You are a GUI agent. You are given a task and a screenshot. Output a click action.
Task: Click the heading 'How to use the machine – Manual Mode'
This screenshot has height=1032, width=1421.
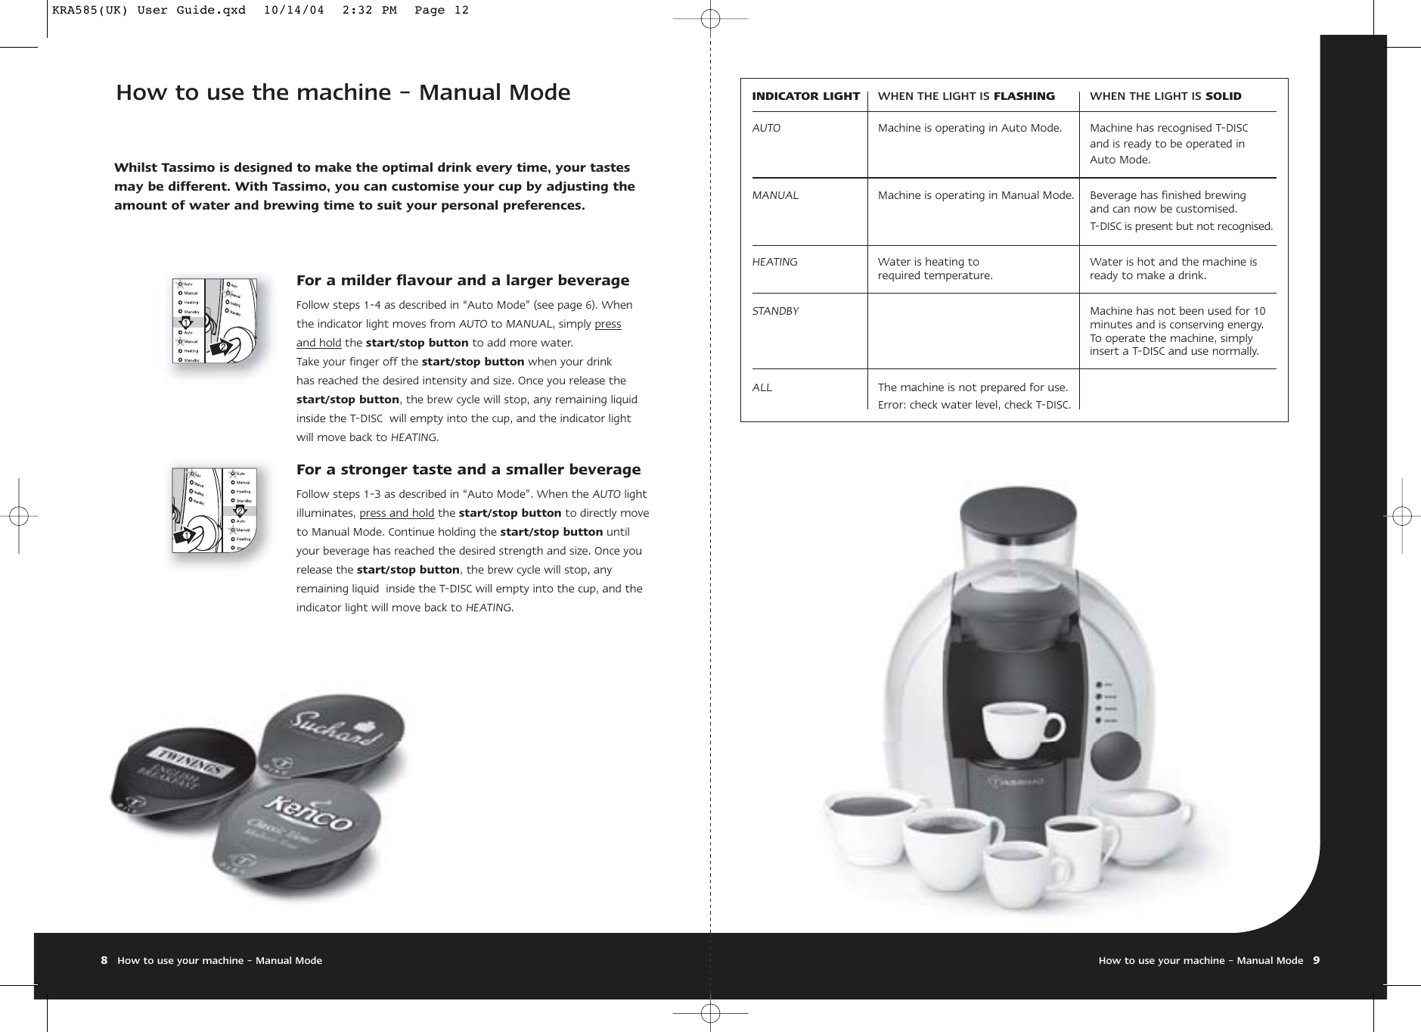[343, 93]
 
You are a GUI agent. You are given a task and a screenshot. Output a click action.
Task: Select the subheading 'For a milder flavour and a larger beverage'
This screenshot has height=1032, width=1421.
[462, 281]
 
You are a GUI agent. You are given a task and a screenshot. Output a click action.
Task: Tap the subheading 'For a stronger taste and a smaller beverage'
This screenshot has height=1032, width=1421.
[468, 470]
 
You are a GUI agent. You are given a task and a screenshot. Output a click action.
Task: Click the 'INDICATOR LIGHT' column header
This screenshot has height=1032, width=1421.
[805, 96]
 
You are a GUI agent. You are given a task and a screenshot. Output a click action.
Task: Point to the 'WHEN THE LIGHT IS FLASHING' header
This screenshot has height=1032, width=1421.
[966, 96]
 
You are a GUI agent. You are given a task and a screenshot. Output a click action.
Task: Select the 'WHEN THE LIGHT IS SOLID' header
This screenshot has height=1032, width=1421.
[1165, 96]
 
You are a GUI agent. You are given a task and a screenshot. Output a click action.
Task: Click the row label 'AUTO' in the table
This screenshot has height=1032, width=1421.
[766, 129]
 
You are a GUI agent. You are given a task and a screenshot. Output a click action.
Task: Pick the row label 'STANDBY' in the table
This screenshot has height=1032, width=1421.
[775, 311]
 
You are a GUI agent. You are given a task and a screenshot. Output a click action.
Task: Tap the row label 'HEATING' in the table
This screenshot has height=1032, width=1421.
[774, 262]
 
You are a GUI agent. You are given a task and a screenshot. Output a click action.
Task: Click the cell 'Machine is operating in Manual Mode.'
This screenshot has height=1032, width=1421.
[976, 196]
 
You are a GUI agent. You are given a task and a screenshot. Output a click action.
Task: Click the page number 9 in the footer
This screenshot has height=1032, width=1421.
[1316, 960]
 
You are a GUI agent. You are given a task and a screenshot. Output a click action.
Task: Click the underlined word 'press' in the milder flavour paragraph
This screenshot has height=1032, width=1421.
[608, 324]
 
